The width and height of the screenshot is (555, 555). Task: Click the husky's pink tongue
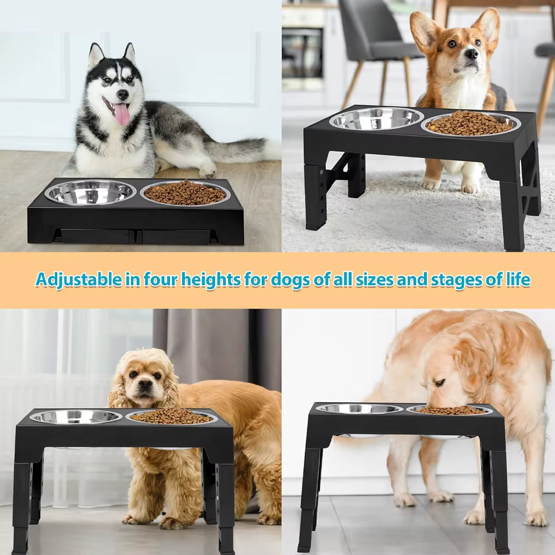(x=122, y=114)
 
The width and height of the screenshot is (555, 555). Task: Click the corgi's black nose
(x=471, y=54)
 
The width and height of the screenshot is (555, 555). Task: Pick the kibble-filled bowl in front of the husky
(x=185, y=193)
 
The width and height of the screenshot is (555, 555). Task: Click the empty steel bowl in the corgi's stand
(x=376, y=118)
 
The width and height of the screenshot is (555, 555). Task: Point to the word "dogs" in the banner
(x=291, y=279)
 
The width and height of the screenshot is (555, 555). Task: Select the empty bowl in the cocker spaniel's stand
(x=76, y=417)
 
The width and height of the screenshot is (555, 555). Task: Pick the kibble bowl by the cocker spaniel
(x=171, y=417)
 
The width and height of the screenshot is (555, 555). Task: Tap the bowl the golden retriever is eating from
(x=450, y=410)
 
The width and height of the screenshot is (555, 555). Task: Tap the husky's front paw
(x=206, y=172)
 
